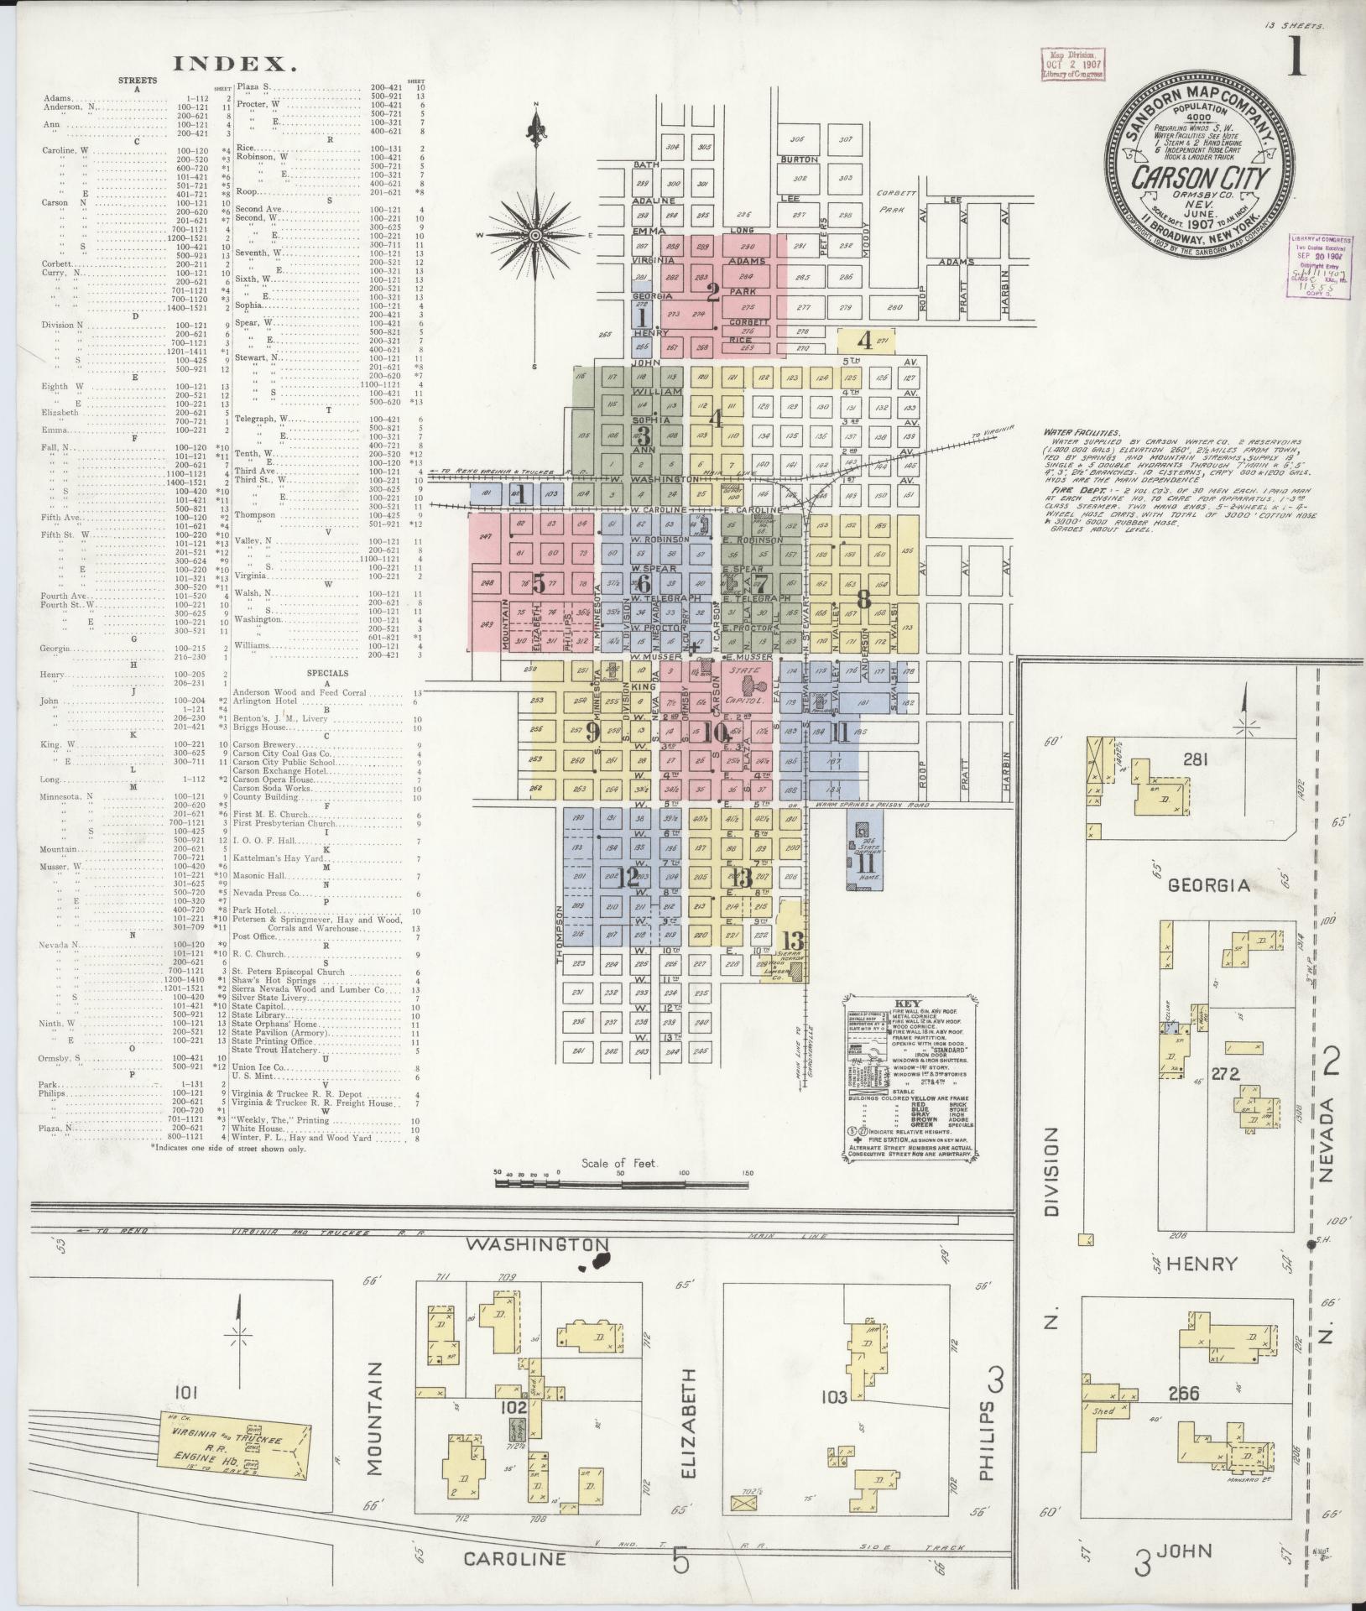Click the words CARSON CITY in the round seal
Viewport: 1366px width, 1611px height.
coord(1199,177)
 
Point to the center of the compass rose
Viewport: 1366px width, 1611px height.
coord(534,237)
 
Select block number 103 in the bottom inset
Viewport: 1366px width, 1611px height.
coord(834,1397)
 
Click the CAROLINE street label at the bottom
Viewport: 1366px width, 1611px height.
coord(514,1558)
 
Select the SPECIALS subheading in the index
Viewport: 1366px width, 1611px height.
coord(327,672)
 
